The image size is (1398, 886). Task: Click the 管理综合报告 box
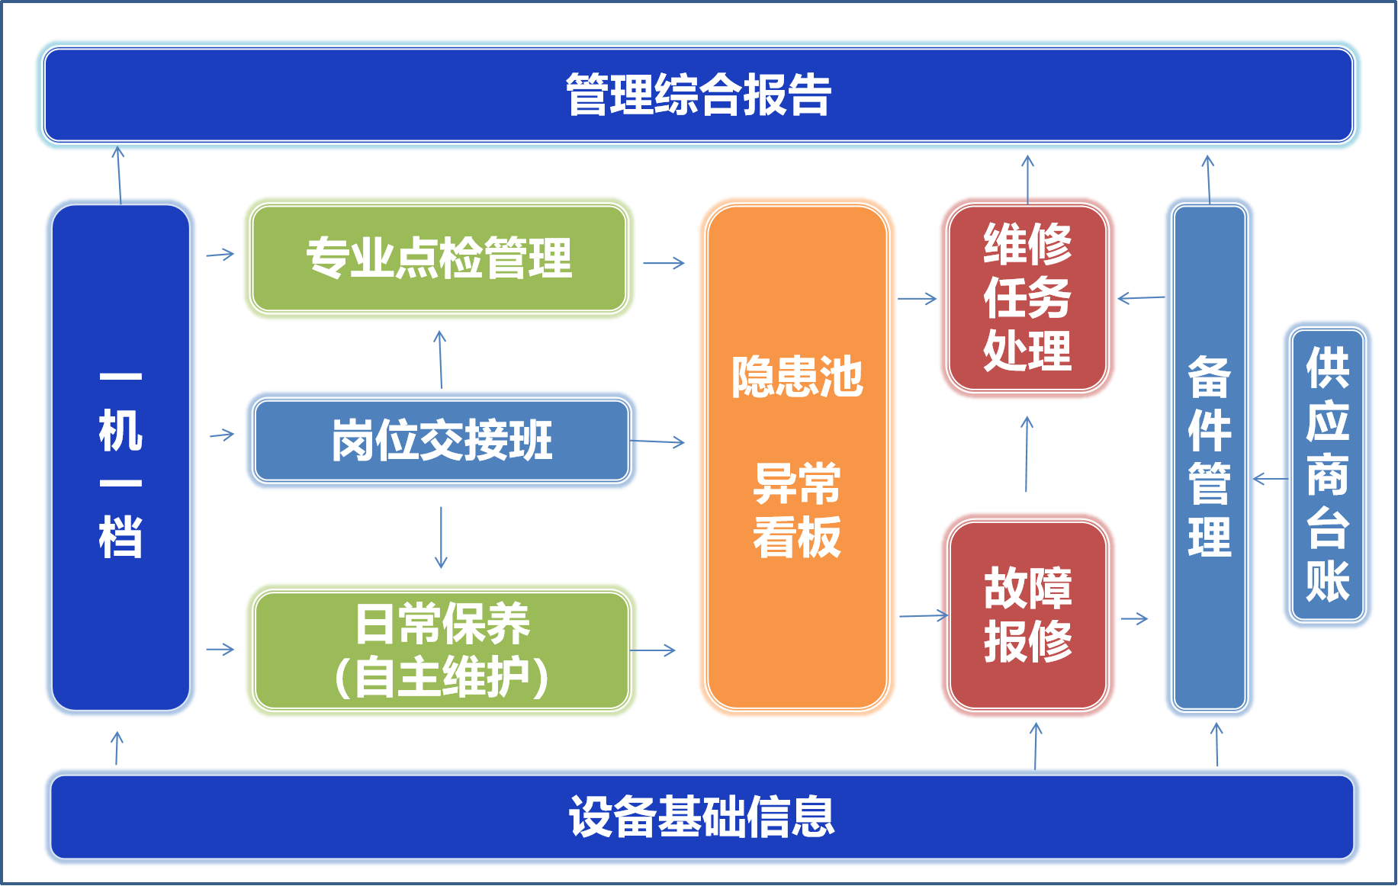[x=699, y=95]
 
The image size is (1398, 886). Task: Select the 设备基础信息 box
[x=702, y=817]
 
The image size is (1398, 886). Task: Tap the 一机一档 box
[x=121, y=457]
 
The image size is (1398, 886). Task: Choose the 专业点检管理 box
[x=439, y=258]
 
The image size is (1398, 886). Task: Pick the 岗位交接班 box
[x=442, y=440]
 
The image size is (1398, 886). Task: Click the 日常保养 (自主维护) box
[x=442, y=650]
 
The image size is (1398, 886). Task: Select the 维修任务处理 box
[x=1027, y=297]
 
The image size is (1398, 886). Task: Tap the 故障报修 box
[x=1027, y=615]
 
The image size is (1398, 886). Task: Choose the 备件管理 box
[x=1209, y=457]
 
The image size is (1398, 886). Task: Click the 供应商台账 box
[x=1327, y=474]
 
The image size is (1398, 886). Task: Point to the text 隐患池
[x=797, y=377]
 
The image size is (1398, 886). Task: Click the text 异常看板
[x=797, y=510]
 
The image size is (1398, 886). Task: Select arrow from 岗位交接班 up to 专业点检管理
[x=440, y=359]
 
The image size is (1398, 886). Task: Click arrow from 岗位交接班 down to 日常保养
[x=441, y=538]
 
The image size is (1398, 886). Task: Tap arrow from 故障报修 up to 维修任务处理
[x=1027, y=454]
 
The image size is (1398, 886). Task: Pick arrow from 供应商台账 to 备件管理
[x=1268, y=479]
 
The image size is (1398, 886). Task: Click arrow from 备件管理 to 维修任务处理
[x=1140, y=298]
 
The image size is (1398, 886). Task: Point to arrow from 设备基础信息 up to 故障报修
[x=1035, y=744]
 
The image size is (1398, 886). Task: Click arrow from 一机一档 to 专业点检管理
[x=220, y=255]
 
